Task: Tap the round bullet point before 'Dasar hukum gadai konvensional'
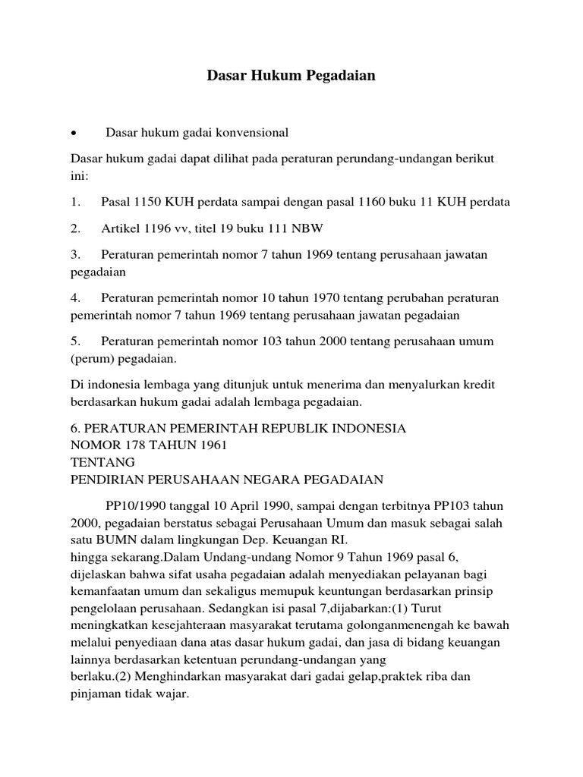[74, 133]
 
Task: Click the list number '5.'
[74, 341]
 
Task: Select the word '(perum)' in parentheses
[91, 358]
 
